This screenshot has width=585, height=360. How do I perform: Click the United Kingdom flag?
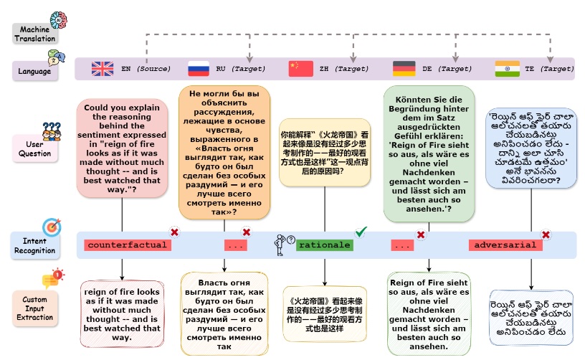103,69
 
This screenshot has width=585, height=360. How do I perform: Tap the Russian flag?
199,69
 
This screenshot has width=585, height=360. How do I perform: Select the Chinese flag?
300,69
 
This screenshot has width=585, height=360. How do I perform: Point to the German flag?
404,69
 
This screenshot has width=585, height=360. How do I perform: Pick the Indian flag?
507,69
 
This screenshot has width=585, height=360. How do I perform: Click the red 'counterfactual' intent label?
128,245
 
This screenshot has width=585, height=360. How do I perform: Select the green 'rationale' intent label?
325,245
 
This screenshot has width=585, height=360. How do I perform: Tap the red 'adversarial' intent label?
505,245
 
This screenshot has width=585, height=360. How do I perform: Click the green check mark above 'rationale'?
361,232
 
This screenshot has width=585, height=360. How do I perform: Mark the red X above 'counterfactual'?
174,232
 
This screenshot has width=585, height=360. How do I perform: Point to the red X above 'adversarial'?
546,235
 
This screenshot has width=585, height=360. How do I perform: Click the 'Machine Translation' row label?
35,34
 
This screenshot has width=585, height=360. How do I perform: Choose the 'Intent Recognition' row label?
34,245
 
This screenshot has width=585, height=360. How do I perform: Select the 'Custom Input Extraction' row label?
34,308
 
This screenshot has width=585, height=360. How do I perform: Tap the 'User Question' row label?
34,149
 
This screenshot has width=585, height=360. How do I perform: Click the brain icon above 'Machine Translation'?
59,20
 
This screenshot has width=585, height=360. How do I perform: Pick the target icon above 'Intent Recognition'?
52,227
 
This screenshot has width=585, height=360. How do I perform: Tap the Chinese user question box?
325,153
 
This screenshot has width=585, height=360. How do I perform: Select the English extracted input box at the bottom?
122,315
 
